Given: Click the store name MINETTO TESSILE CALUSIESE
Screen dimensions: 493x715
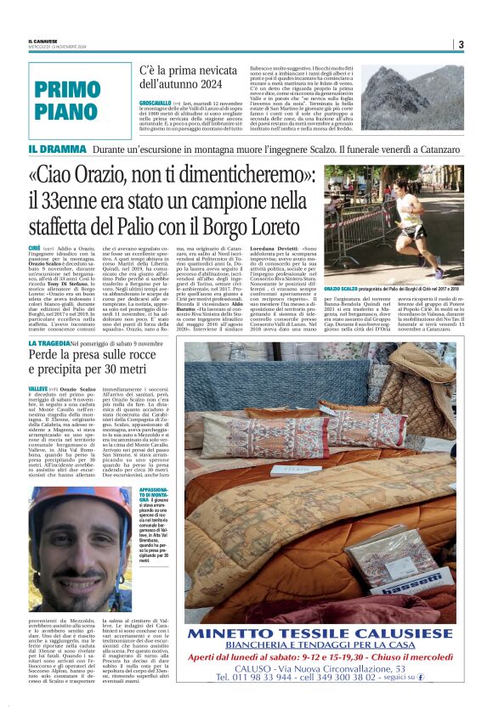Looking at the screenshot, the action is [x=320, y=634].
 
